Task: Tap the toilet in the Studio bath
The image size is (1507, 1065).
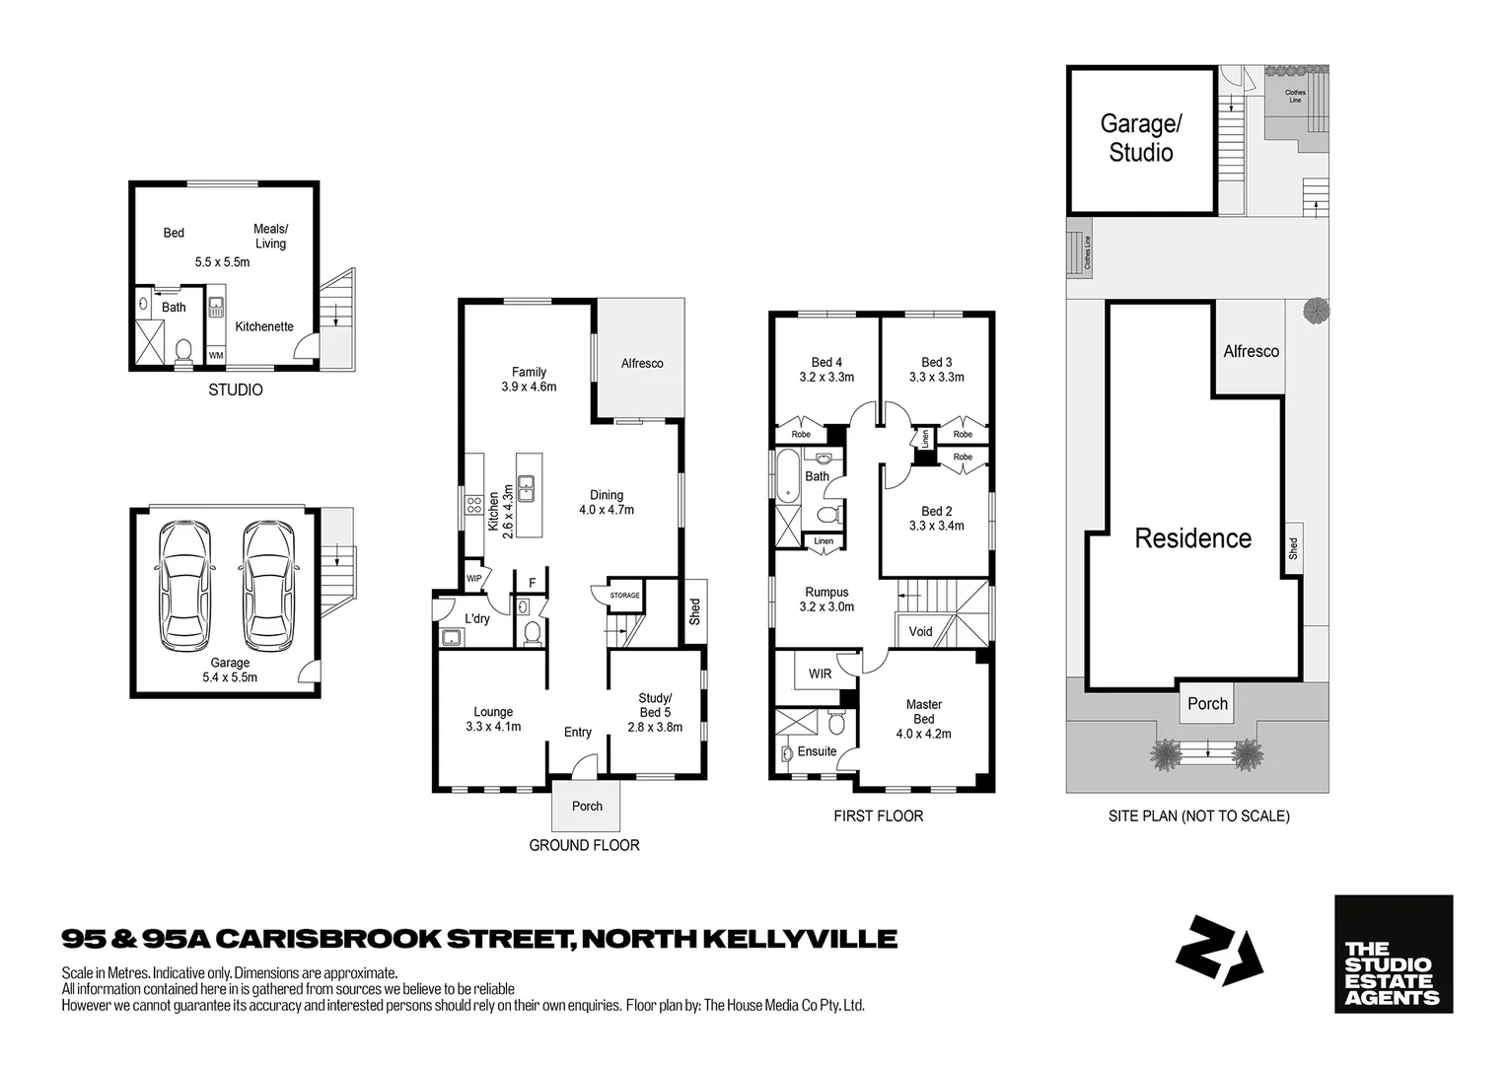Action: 183,351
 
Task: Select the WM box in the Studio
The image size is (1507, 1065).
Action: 215,355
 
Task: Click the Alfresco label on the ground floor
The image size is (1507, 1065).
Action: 641,363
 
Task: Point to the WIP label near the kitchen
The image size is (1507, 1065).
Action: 474,578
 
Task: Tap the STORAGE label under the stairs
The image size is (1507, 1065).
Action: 624,596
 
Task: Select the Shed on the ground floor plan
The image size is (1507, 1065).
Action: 694,611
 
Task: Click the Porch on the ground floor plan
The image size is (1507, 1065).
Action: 587,806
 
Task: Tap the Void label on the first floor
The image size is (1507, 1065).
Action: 920,631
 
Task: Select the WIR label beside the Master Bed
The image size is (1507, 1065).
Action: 820,674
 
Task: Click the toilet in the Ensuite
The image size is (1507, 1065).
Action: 835,726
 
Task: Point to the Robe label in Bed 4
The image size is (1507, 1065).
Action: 801,434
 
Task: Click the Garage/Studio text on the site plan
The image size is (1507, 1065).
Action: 1141,138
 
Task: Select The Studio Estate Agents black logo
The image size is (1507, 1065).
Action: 1393,954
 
